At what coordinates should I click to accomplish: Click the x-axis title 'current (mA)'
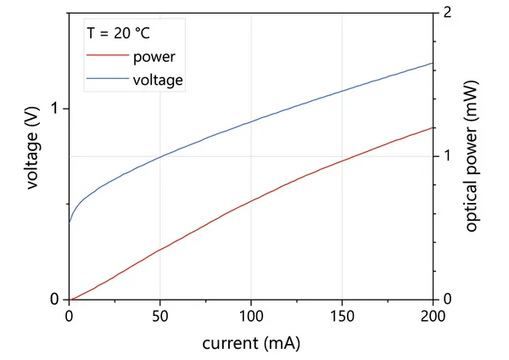250,344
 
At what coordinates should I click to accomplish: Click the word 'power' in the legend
154,58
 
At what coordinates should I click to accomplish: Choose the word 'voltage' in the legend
159,81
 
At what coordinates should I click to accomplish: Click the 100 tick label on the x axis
251,316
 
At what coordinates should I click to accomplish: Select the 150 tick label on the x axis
342,316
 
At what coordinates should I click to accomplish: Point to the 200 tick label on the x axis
433,316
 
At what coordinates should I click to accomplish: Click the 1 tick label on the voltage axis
56,110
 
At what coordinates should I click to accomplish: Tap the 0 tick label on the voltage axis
56,299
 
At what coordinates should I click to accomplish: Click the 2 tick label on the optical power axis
445,14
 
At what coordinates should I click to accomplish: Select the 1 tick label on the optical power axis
445,157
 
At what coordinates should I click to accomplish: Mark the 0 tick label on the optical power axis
445,299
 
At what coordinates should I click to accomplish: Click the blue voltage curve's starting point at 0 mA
70,222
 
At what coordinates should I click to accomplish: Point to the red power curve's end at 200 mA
433,127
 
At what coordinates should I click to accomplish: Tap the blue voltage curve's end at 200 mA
433,63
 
